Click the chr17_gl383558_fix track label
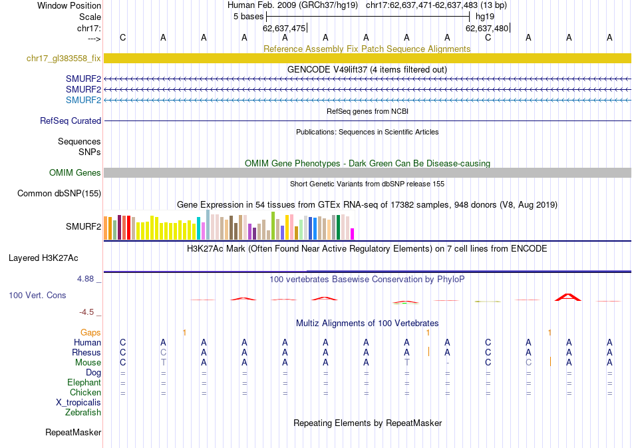64,59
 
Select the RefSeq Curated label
71,121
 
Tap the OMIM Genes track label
75,173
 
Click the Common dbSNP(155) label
59,194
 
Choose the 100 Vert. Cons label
38,294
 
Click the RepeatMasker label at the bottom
73,433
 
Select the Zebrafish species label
83,413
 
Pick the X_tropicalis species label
79,403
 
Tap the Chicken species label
85,393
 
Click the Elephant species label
84,383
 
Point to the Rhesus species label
86,352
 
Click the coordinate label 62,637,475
284,28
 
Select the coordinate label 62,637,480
487,28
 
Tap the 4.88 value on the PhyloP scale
86,279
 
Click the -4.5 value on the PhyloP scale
88,312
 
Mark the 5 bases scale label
248,17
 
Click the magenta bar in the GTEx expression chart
353,234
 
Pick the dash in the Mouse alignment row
448,362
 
